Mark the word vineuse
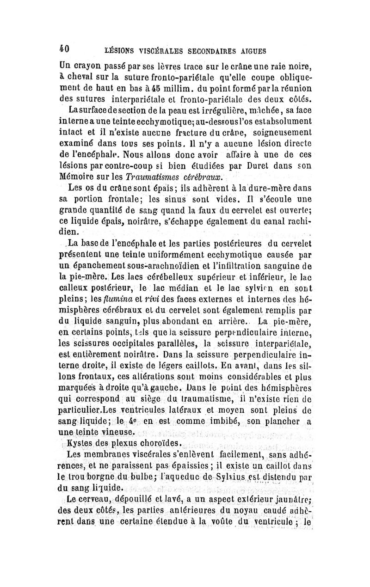[117, 432]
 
